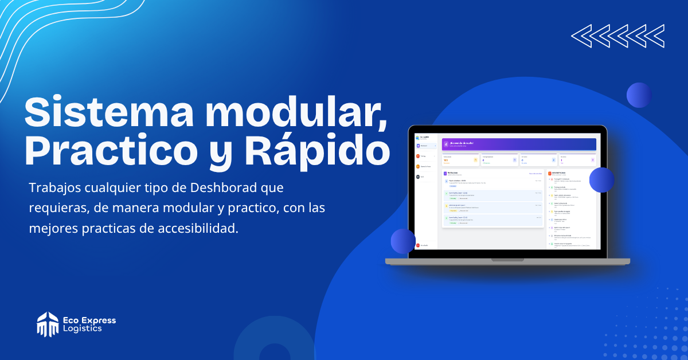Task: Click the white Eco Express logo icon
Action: click(48, 324)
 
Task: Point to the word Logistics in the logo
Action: click(83, 329)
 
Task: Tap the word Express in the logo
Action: click(98, 320)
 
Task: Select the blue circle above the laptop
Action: click(639, 95)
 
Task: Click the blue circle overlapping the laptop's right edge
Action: click(601, 179)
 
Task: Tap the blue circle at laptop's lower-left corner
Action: click(403, 241)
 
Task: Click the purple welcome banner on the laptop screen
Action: click(519, 144)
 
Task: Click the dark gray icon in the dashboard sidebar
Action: click(418, 177)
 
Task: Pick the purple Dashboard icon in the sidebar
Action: click(418, 146)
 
